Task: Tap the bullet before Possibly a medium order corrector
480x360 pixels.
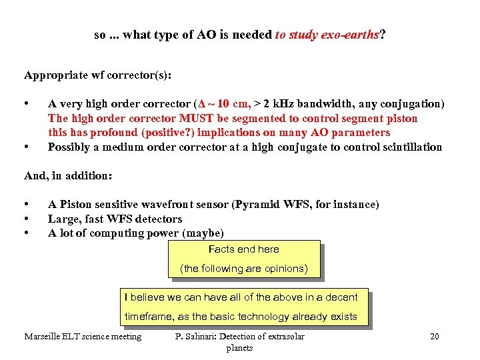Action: point(26,147)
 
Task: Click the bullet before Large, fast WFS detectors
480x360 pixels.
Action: point(26,219)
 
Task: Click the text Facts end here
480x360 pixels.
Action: point(244,249)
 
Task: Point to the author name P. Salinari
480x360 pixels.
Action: point(196,337)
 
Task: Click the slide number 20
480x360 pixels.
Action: point(435,337)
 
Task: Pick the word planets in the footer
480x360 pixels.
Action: point(239,348)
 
